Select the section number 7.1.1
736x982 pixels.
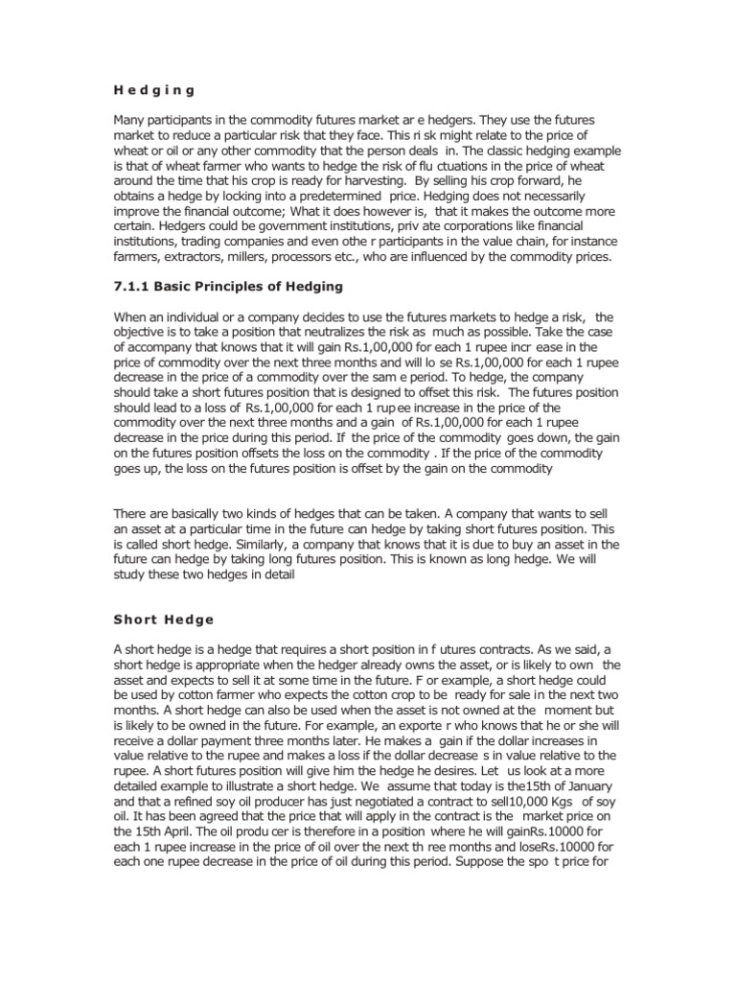136,287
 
